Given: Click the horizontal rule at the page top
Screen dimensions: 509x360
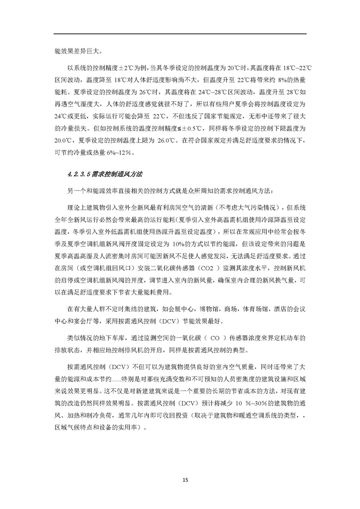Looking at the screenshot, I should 180,33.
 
